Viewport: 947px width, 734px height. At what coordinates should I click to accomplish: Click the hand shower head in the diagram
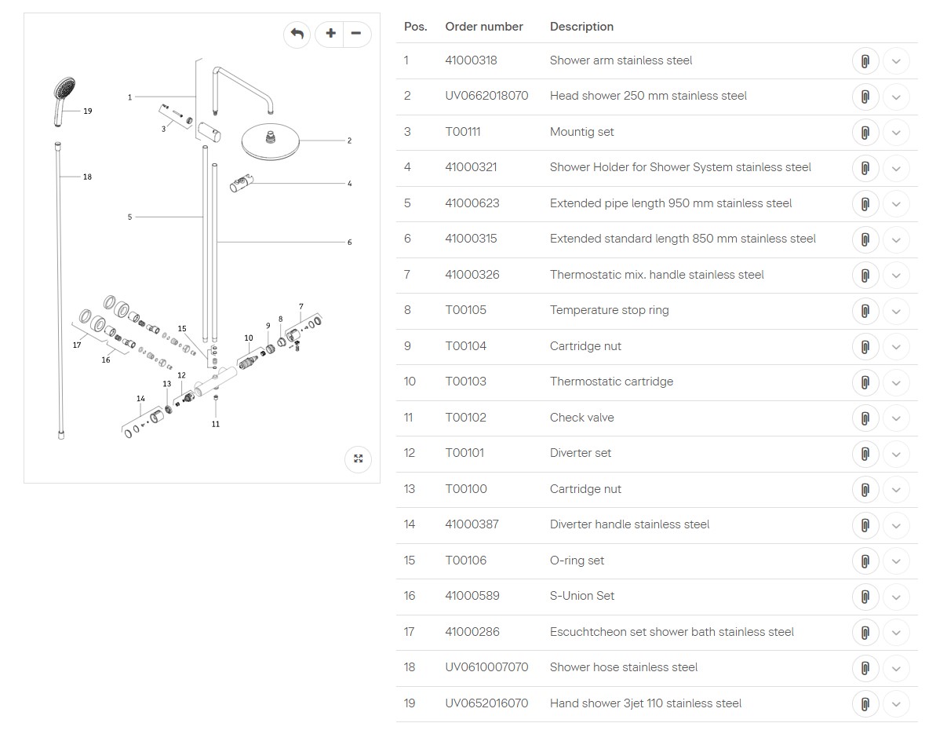point(64,89)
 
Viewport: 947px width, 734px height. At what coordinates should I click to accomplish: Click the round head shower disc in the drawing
point(271,141)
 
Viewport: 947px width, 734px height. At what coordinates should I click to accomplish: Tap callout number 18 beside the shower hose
point(87,177)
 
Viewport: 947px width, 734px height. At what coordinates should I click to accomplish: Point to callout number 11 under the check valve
point(216,424)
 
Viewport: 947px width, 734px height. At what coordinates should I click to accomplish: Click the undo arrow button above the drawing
point(297,34)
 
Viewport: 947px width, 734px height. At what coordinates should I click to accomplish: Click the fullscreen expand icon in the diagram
point(359,459)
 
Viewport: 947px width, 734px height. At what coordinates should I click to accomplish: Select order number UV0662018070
point(486,96)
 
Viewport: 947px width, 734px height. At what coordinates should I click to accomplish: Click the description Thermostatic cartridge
point(611,382)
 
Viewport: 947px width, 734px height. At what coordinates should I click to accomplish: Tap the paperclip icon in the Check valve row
point(865,418)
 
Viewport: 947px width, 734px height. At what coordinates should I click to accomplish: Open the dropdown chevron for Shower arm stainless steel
point(896,61)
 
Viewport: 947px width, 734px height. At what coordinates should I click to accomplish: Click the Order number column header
point(483,27)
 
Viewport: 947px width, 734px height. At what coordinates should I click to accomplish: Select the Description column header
point(581,27)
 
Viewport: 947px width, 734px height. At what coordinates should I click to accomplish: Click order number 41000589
point(472,596)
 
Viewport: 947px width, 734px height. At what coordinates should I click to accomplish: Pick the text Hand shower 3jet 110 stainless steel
point(645,703)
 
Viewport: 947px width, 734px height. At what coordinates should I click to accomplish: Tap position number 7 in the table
point(407,275)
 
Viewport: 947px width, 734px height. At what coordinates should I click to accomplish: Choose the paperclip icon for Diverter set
point(865,454)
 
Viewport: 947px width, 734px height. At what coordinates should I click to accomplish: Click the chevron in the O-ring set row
point(896,561)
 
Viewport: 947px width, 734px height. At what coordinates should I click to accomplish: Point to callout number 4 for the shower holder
point(349,184)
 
